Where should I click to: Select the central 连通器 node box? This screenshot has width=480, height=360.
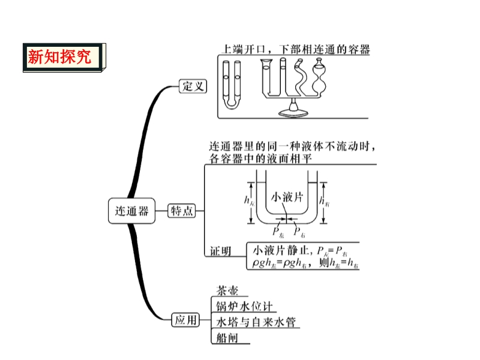click(x=131, y=211)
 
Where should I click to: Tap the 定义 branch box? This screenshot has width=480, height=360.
click(x=193, y=86)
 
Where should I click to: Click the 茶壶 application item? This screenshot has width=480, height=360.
click(x=228, y=291)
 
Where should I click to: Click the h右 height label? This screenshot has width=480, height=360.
click(x=325, y=202)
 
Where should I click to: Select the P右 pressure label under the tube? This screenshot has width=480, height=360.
click(x=299, y=231)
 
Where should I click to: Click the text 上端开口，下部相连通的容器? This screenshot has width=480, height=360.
click(x=293, y=50)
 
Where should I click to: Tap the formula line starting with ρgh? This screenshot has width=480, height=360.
click(x=302, y=263)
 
